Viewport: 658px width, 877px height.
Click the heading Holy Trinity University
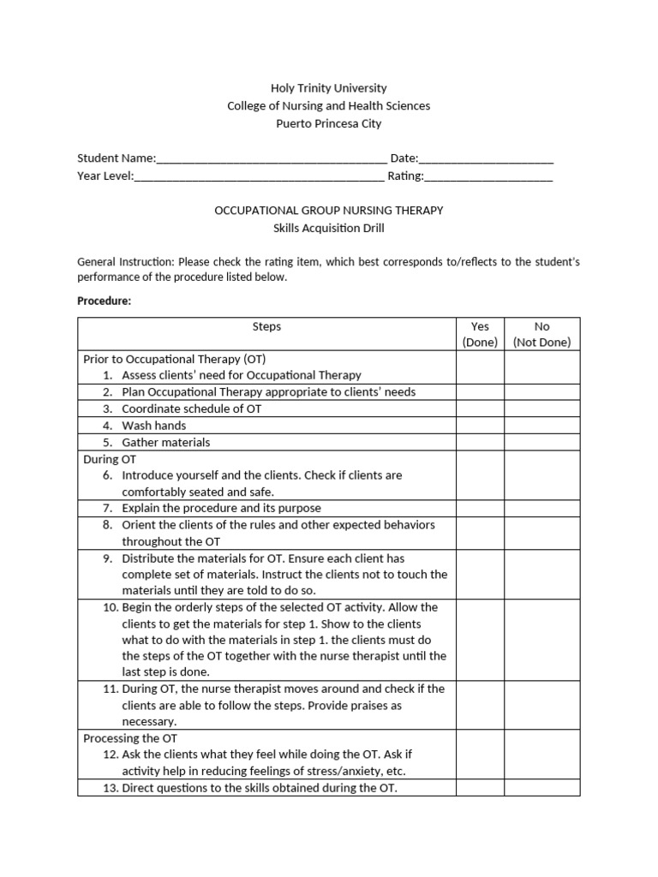pos(328,87)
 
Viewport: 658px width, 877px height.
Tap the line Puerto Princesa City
pos(328,123)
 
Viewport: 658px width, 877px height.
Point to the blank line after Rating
pos(488,177)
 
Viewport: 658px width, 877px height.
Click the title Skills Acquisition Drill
pos(328,228)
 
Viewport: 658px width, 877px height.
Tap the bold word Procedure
pos(104,301)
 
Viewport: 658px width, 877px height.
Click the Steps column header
pos(266,326)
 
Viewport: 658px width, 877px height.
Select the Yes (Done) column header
pos(480,334)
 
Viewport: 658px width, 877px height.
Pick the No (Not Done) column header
pos(541,334)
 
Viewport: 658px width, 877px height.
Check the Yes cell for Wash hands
pos(480,426)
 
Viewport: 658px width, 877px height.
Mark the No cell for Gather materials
pos(541,443)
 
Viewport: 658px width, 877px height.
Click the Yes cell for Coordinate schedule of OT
pos(480,409)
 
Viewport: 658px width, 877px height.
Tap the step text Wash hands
pos(154,426)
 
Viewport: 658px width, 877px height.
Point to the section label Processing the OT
pos(130,737)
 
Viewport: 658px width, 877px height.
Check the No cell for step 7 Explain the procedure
pos(541,509)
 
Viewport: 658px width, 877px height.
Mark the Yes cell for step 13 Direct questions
pos(480,788)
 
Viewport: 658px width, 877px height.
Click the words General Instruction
pos(125,261)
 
